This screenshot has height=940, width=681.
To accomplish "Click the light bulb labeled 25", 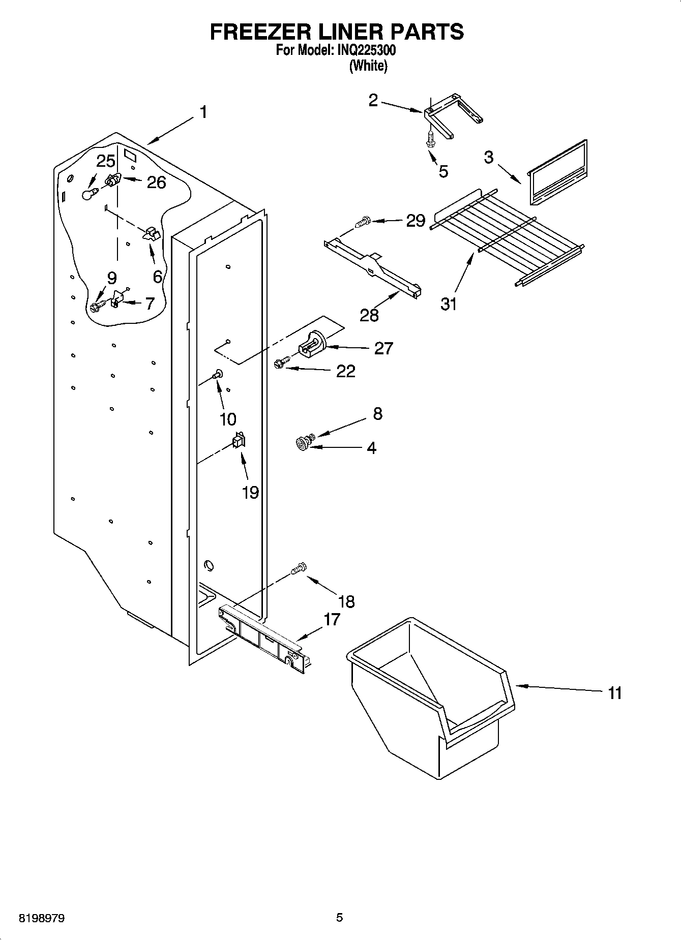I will click(90, 194).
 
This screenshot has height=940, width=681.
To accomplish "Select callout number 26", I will click(156, 183).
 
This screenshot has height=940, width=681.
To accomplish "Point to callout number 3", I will click(488, 157).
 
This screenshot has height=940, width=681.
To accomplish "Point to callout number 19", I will click(250, 492).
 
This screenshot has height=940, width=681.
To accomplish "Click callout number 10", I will click(228, 419).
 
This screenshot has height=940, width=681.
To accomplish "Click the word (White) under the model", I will click(368, 66).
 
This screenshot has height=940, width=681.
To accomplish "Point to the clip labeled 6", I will click(151, 234).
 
